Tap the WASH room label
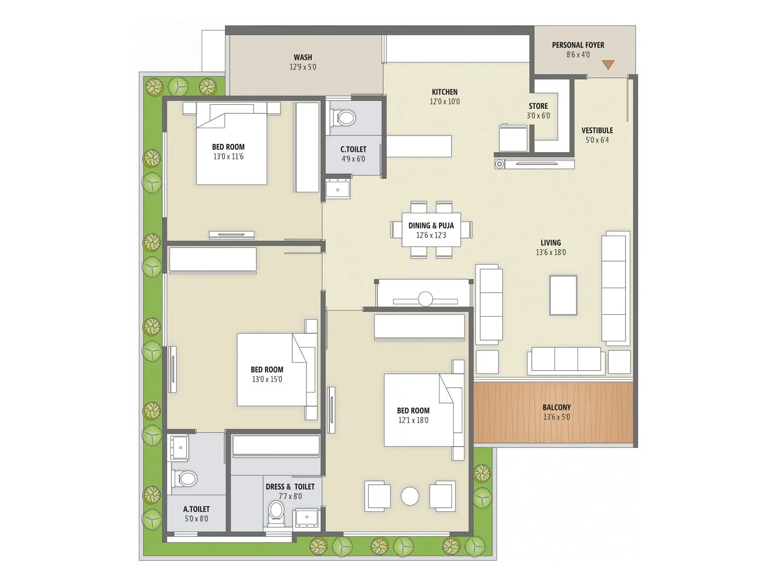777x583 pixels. coord(303,57)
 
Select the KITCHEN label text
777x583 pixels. coord(444,92)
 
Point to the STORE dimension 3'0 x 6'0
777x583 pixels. coord(538,116)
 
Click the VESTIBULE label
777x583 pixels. coord(597,130)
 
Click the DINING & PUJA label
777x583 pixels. coord(431,225)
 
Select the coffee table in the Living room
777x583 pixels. coord(563,295)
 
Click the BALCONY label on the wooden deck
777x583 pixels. coord(557,407)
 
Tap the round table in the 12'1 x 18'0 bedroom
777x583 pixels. coord(410,496)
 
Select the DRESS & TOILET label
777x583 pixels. coord(290,486)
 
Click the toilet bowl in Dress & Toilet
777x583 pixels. coord(276,512)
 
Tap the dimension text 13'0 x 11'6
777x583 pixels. coord(228,156)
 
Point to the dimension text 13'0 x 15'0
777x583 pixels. coord(267,379)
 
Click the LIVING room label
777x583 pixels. coord(551,242)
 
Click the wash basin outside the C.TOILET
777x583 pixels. coord(338,189)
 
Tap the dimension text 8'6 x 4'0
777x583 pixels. coord(578,54)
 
